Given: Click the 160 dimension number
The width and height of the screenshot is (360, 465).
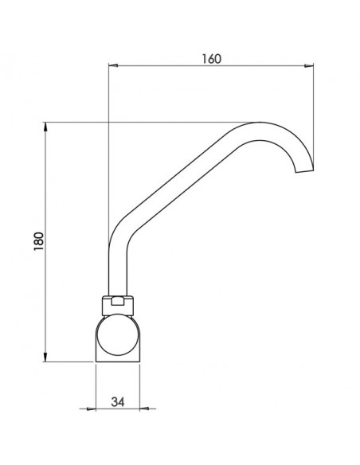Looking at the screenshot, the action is [211, 59].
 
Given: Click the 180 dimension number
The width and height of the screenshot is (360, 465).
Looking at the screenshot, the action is [39, 241].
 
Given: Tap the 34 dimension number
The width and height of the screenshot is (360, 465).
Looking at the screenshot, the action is [118, 402].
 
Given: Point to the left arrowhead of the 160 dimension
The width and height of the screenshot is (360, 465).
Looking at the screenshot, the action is [113, 65].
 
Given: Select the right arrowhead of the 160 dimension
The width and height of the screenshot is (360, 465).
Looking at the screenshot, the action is [309, 66].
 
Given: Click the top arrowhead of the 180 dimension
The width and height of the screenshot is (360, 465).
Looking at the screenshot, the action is [45, 127].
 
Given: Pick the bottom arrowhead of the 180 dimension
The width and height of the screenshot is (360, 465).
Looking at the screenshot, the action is [45, 357].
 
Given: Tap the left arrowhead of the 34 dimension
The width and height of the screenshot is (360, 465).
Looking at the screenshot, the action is [92, 409].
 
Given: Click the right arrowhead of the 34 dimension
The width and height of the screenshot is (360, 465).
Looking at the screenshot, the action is [144, 409].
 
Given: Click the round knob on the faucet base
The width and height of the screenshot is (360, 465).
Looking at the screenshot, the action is [118, 335].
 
